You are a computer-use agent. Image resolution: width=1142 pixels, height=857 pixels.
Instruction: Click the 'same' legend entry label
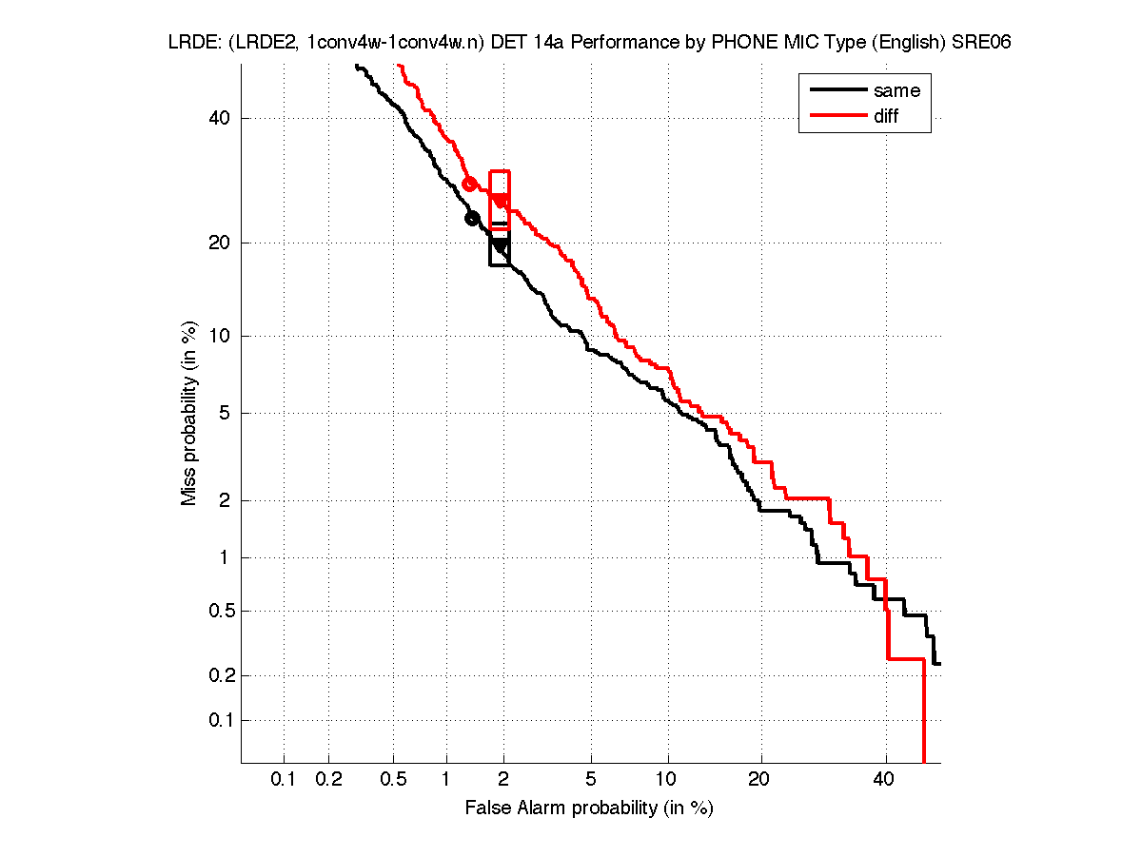pos(896,90)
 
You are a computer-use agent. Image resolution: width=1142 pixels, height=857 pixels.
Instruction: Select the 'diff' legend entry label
pos(886,116)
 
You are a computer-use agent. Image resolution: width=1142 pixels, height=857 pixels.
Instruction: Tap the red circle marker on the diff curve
pos(469,184)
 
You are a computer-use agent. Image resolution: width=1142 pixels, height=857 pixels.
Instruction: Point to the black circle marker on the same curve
pos(471,219)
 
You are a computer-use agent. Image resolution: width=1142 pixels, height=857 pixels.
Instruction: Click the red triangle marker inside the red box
pos(501,200)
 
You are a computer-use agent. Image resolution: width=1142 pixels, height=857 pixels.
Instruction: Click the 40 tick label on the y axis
pos(220,119)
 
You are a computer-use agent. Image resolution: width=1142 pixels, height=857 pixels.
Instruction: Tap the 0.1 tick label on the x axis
pos(284,781)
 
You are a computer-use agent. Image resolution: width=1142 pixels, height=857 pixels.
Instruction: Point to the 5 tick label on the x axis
pos(591,781)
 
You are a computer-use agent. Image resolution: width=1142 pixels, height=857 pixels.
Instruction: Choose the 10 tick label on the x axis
pos(668,781)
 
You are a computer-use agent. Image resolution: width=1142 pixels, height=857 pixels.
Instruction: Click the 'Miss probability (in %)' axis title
pos(190,414)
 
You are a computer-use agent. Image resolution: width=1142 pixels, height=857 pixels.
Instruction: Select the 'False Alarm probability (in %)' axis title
pos(589,808)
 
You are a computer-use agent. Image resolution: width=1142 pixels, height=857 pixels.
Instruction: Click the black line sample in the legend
pos(835,90)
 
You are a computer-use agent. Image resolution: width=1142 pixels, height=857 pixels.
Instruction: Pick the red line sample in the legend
pos(835,116)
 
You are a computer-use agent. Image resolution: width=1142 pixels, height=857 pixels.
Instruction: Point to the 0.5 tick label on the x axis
pos(393,781)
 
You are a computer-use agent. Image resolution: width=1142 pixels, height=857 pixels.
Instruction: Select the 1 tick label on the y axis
pos(225,558)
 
